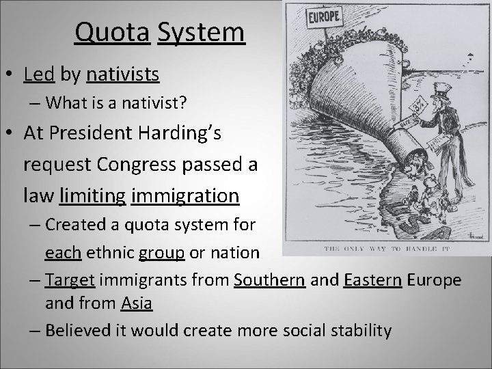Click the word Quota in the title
[112, 31]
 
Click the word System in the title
[200, 31]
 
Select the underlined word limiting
[92, 196]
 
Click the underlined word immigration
[184, 196]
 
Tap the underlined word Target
[71, 281]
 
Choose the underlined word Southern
[269, 281]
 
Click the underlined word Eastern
[373, 281]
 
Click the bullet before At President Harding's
[12, 133]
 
